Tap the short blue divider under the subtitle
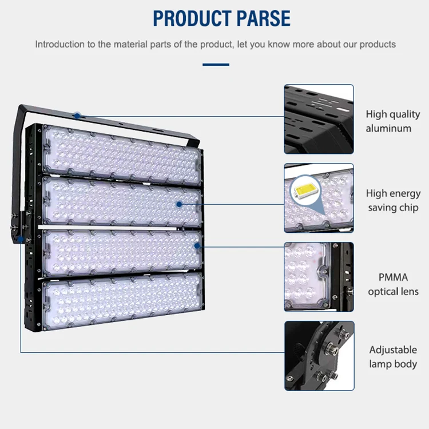click(216, 65)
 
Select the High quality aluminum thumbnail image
click(319, 119)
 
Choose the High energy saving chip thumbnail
click(319, 198)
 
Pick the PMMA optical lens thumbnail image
click(319, 277)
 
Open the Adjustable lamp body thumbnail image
click(319, 356)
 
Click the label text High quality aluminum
click(392, 121)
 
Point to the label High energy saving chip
click(393, 200)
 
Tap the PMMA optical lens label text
click(393, 284)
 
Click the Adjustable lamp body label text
click(393, 357)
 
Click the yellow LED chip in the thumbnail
click(307, 189)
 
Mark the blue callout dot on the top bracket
click(77, 116)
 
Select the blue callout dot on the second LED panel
click(179, 204)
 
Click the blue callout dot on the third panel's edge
click(197, 245)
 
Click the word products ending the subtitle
click(377, 44)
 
